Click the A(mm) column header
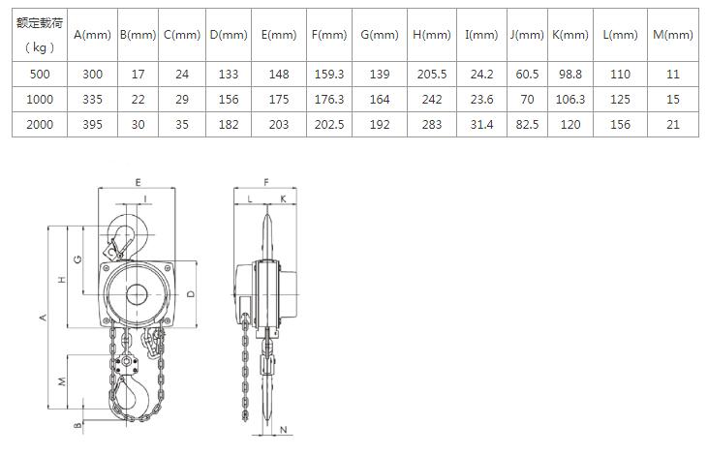click(92, 35)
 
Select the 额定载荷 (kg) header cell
click(40, 35)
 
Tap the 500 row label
click(40, 74)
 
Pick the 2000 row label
click(40, 124)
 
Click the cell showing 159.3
click(329, 74)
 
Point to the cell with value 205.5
click(432, 74)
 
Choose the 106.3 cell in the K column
click(570, 100)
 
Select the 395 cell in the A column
click(92, 124)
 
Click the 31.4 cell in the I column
click(481, 124)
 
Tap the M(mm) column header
click(673, 35)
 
